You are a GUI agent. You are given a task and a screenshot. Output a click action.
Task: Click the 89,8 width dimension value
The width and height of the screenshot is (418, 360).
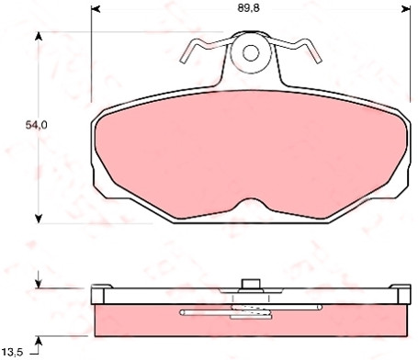(x=248, y=8)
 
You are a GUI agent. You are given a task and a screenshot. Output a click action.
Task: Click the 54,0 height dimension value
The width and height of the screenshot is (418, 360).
(x=36, y=125)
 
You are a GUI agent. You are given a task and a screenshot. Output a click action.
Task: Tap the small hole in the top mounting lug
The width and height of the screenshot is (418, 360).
(x=251, y=53)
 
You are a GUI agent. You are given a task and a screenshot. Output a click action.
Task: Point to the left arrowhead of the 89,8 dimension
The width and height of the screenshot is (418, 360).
(x=96, y=9)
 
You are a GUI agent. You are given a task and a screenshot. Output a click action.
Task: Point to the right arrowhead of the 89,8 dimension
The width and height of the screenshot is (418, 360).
(x=406, y=9)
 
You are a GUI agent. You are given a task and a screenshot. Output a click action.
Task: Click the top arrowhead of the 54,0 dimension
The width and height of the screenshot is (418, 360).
(x=39, y=36)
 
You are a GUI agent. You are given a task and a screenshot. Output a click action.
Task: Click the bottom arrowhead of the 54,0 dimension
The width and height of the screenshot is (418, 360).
(x=39, y=219)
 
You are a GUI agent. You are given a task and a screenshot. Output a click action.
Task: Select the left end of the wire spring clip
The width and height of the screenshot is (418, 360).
(x=183, y=61)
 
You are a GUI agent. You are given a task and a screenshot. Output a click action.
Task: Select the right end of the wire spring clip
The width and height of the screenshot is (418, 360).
(x=319, y=61)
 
